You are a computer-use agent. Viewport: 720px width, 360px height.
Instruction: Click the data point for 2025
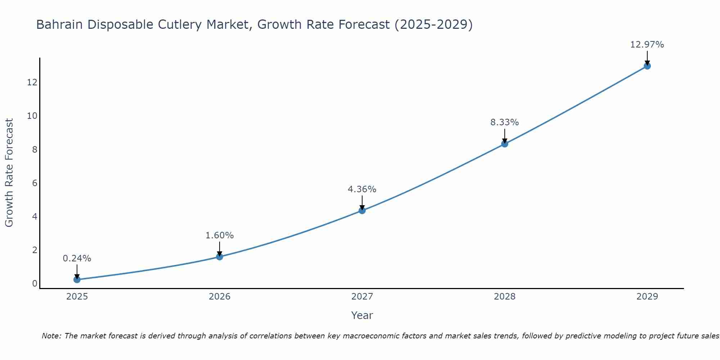click(x=77, y=279)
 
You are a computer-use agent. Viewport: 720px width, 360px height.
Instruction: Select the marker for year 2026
click(x=220, y=257)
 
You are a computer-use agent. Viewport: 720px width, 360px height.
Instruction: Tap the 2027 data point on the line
click(x=362, y=210)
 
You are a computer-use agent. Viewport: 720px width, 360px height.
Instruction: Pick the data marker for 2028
click(x=505, y=144)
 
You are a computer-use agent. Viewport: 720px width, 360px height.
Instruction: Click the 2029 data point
click(x=647, y=66)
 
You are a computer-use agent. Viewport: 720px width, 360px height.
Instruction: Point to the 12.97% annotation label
click(x=647, y=45)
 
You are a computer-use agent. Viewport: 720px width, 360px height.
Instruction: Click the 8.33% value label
click(x=504, y=122)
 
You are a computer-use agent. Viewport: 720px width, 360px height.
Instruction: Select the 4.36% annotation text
click(x=362, y=189)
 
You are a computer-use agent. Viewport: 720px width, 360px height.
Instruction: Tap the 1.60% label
click(x=219, y=235)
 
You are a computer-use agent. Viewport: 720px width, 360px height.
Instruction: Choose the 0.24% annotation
click(x=77, y=258)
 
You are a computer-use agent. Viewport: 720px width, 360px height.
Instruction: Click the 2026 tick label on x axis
click(x=220, y=297)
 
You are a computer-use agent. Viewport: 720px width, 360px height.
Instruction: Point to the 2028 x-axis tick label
click(x=505, y=297)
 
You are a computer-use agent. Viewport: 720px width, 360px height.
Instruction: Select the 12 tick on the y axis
click(x=32, y=82)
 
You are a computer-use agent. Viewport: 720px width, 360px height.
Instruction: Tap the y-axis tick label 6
click(x=35, y=183)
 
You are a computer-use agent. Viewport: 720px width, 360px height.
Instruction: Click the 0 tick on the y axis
click(x=35, y=283)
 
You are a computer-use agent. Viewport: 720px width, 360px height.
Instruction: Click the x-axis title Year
click(x=362, y=315)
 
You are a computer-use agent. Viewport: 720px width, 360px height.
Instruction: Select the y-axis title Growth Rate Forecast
click(x=9, y=173)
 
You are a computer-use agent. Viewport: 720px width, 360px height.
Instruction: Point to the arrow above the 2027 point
click(x=362, y=202)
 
